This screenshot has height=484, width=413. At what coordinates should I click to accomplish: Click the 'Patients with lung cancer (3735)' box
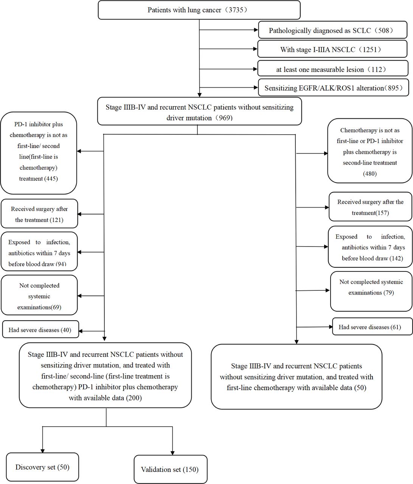(199, 10)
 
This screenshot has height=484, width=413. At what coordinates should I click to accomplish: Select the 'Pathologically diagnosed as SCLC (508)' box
(333, 30)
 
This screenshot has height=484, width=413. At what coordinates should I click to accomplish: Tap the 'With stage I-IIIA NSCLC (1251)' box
(332, 49)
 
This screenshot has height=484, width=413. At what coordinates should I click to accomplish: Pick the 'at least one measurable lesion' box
(333, 68)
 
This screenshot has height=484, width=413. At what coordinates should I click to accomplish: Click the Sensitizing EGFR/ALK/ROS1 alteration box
(334, 88)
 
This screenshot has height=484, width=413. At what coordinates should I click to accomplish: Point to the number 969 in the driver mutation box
(224, 118)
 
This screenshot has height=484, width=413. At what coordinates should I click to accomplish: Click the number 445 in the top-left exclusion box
(52, 178)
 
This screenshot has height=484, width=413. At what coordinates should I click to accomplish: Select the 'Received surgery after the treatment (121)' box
(39, 214)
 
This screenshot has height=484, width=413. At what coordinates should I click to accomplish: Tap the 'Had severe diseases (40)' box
(40, 329)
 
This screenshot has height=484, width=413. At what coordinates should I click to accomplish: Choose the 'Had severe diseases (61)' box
(372, 326)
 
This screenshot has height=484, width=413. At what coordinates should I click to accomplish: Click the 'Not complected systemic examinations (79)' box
(371, 291)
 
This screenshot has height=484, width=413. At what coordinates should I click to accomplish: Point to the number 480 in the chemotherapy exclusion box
(370, 174)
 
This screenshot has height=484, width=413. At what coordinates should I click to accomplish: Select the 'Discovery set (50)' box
(42, 467)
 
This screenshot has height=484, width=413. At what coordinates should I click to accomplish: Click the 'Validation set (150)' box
(171, 469)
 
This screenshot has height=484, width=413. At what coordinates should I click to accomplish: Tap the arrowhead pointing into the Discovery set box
(42, 451)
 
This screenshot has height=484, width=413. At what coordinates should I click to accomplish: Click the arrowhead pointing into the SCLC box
(256, 30)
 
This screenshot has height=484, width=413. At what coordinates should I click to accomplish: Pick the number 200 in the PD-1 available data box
(134, 398)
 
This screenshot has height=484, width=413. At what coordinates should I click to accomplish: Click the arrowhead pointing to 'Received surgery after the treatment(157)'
(327, 207)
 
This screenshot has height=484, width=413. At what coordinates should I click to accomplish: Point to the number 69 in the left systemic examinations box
(56, 307)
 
